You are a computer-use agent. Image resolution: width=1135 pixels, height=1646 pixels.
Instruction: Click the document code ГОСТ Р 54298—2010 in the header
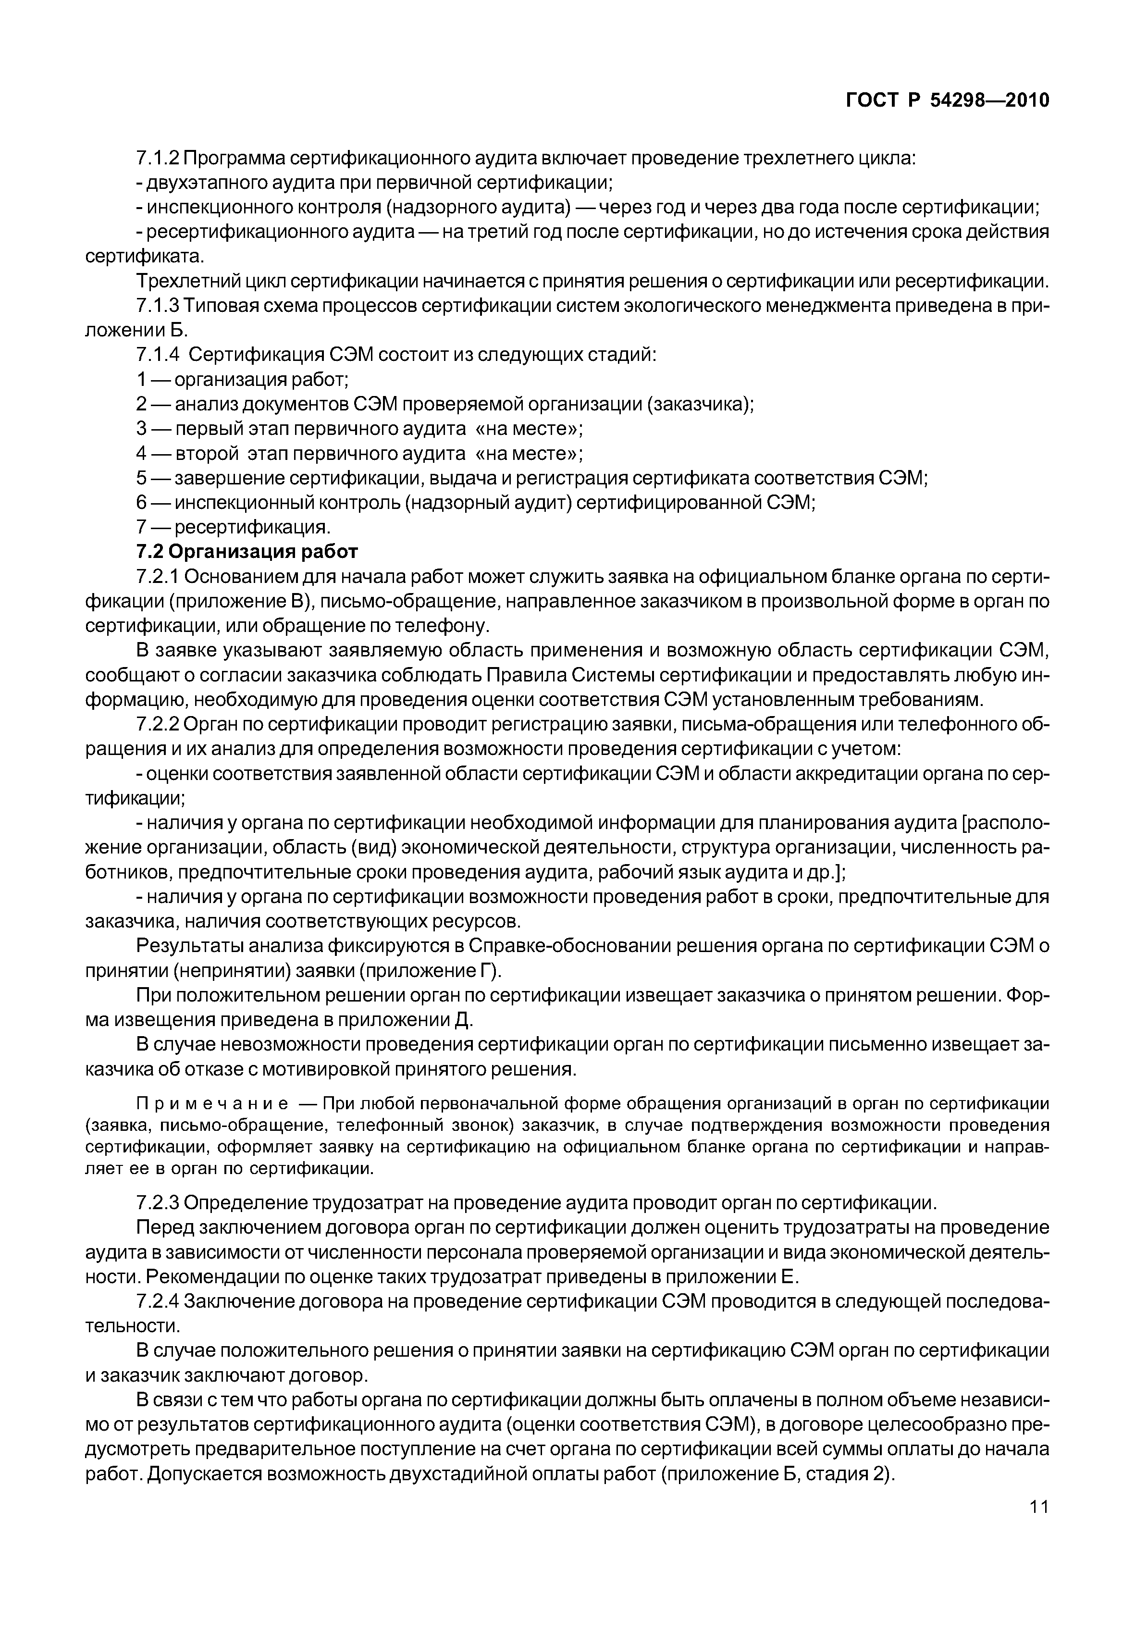[947, 100]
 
